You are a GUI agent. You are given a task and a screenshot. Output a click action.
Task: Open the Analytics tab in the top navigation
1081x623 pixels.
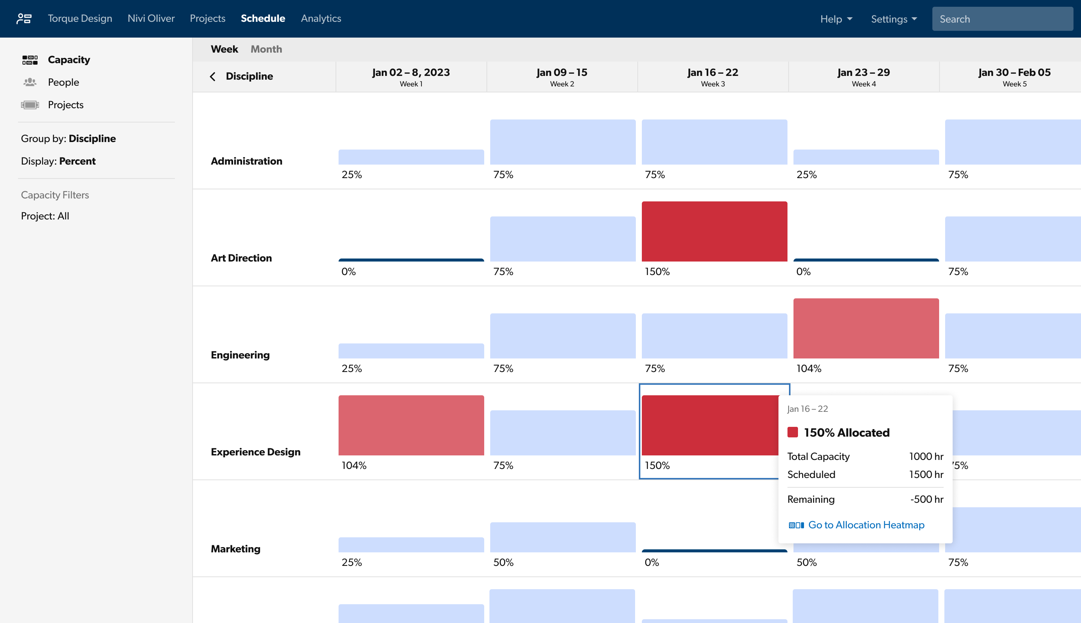(321, 18)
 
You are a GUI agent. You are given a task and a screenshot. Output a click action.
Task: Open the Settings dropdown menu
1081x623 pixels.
(894, 19)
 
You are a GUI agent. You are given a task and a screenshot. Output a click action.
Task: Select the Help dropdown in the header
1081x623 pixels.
(836, 19)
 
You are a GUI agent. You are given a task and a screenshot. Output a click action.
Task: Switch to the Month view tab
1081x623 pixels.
(266, 49)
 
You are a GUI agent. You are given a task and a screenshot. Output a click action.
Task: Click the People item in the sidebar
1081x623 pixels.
(63, 82)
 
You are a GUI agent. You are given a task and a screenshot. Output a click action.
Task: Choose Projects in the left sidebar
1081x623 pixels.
(65, 105)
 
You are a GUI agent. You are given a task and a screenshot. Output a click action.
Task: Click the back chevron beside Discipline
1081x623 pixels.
(212, 77)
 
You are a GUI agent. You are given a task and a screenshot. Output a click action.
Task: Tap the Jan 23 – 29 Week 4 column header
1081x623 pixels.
(863, 77)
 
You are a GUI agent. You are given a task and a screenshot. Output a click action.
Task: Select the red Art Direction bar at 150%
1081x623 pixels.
(714, 231)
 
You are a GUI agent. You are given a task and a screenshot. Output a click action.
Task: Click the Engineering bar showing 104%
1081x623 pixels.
(866, 328)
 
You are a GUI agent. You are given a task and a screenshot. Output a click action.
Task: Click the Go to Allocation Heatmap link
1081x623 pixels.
(866, 525)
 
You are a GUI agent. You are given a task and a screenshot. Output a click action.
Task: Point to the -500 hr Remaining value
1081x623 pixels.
(926, 499)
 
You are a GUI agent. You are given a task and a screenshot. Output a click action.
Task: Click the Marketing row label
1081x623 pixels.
(235, 549)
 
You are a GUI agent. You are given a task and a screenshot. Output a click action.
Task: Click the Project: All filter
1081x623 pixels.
(45, 216)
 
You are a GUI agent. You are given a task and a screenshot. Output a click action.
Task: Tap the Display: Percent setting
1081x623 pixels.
(58, 161)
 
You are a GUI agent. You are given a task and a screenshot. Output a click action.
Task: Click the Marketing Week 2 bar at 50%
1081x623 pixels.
(562, 537)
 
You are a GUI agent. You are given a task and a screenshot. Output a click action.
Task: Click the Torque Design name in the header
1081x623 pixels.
(80, 18)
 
